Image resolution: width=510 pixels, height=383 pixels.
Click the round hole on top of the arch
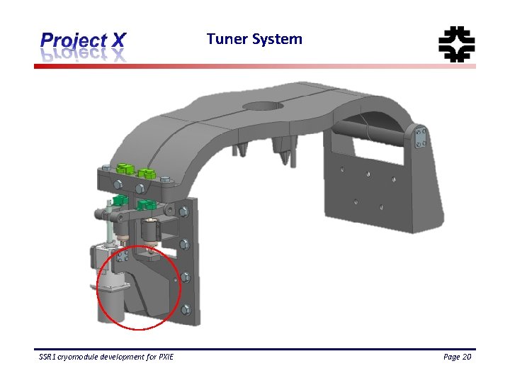click(x=262, y=106)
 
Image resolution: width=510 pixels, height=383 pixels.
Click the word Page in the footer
click(x=450, y=357)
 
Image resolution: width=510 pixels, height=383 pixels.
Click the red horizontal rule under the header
click(x=255, y=66)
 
